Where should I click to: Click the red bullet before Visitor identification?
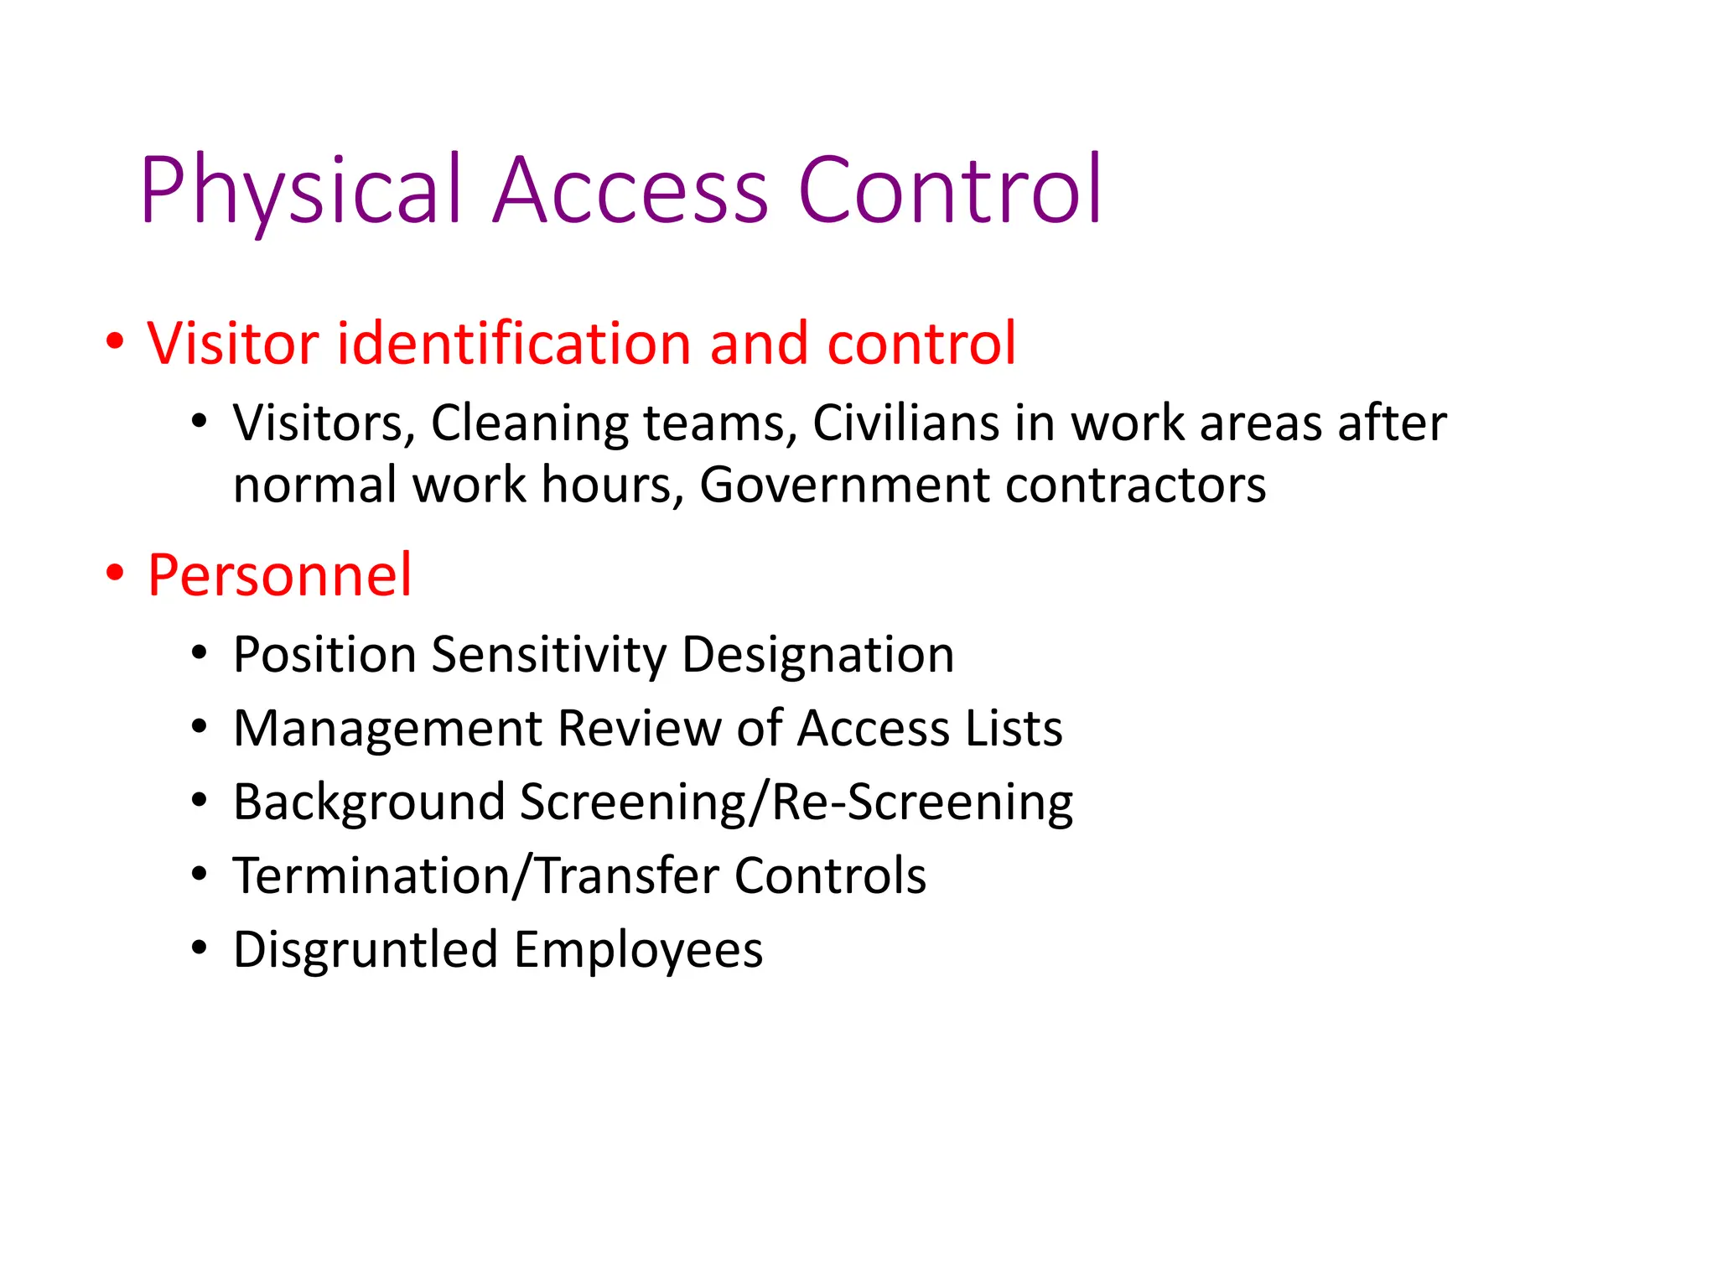point(115,342)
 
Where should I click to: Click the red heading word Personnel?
point(279,575)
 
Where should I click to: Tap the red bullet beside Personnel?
point(115,574)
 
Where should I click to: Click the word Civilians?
point(905,423)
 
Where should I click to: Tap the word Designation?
point(817,656)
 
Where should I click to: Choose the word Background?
point(369,802)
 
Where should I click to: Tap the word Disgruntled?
point(366,950)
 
